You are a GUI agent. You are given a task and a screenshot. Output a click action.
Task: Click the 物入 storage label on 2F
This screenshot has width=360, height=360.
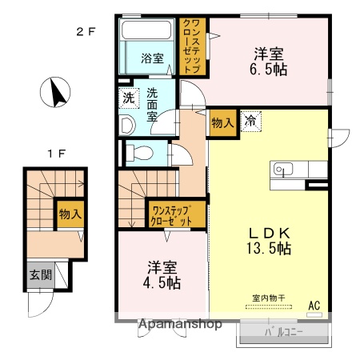click(223, 123)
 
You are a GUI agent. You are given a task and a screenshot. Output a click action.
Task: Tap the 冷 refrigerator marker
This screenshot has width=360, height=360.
click(251, 122)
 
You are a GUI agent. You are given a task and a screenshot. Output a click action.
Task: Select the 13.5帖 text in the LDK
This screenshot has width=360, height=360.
click(268, 247)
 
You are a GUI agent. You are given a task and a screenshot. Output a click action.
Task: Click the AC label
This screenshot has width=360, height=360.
click(314, 304)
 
